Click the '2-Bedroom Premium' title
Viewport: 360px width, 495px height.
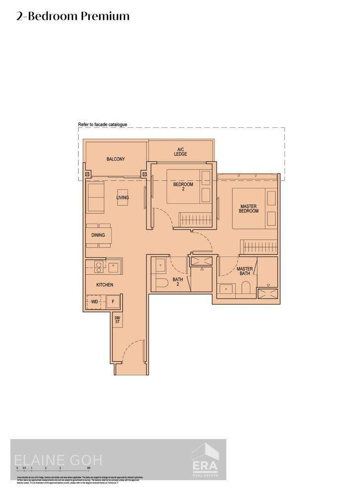click(x=73, y=16)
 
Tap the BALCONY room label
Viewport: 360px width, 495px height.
click(x=115, y=159)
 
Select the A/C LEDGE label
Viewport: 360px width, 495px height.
click(x=181, y=151)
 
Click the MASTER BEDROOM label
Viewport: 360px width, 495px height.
click(x=249, y=208)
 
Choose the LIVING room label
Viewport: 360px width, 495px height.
click(x=122, y=198)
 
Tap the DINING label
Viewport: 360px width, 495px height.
click(x=98, y=235)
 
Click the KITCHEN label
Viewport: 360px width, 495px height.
click(x=104, y=285)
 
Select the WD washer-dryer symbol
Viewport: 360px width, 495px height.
click(x=94, y=301)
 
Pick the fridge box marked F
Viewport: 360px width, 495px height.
click(x=113, y=301)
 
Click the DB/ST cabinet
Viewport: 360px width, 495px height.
click(x=117, y=320)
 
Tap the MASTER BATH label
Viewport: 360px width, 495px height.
click(x=245, y=271)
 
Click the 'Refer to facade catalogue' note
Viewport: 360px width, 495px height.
click(x=103, y=124)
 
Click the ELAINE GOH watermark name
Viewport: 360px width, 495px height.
click(x=58, y=460)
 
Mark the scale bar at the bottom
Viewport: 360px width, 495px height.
click(x=52, y=467)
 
